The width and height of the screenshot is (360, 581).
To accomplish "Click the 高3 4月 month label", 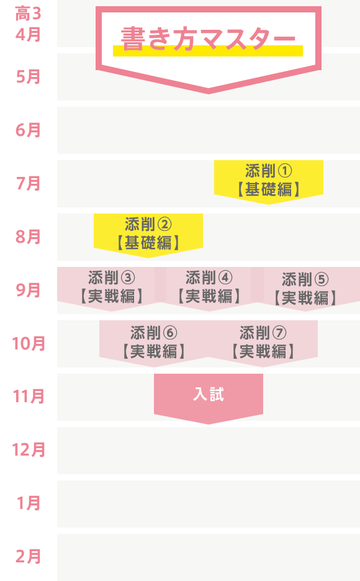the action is point(28,24).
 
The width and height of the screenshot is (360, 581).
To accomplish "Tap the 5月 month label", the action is point(28,77).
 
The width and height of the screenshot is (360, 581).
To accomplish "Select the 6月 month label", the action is point(28,130).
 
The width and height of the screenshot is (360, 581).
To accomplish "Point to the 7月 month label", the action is point(28,183).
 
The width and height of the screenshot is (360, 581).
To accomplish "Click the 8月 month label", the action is point(28,236).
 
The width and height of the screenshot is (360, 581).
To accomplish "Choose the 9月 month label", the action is point(28,290).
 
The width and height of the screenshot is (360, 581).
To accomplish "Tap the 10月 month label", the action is point(29,343).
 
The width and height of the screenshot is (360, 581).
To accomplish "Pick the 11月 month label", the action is point(29,397).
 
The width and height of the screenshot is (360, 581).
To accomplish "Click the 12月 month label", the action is point(29,450).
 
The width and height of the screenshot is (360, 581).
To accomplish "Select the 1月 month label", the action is point(29,503).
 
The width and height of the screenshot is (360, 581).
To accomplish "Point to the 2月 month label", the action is point(28,557).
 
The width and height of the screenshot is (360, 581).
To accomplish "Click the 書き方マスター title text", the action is point(208,39).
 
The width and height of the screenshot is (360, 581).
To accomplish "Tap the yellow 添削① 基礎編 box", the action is point(269,181).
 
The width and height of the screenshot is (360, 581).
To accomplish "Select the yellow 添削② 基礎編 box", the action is point(148,234).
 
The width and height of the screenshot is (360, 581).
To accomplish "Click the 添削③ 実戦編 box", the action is point(112,287).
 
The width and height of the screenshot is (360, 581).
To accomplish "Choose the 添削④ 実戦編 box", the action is point(209,287).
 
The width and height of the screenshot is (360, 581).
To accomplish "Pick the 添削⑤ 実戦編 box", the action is point(305,287).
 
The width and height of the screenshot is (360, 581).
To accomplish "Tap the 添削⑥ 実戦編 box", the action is point(154,341).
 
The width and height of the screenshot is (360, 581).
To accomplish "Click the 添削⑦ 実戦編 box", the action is point(263,341).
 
